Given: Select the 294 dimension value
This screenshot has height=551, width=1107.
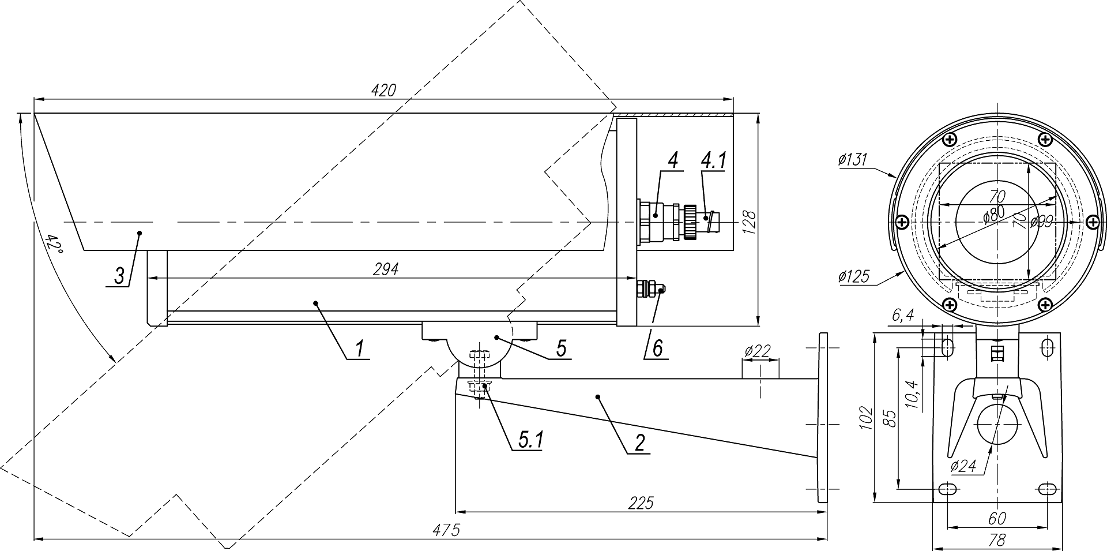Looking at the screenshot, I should [386, 269].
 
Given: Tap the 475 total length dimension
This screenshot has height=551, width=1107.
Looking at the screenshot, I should [447, 530].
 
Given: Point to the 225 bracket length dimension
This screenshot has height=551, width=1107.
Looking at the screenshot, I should [642, 503].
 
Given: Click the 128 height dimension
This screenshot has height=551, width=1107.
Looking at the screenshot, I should [749, 222].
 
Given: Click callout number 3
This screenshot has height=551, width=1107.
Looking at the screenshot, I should [119, 276].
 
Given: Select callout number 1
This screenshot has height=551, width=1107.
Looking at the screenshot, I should [359, 348].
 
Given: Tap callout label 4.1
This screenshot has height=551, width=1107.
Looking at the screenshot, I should [713, 161].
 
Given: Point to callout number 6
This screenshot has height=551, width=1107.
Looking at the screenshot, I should [658, 347].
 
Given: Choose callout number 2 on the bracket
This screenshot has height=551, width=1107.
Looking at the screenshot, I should [639, 442].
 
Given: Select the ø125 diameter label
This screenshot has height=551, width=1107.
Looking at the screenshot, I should [854, 276].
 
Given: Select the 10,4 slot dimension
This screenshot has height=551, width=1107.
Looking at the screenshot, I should [913, 395].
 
